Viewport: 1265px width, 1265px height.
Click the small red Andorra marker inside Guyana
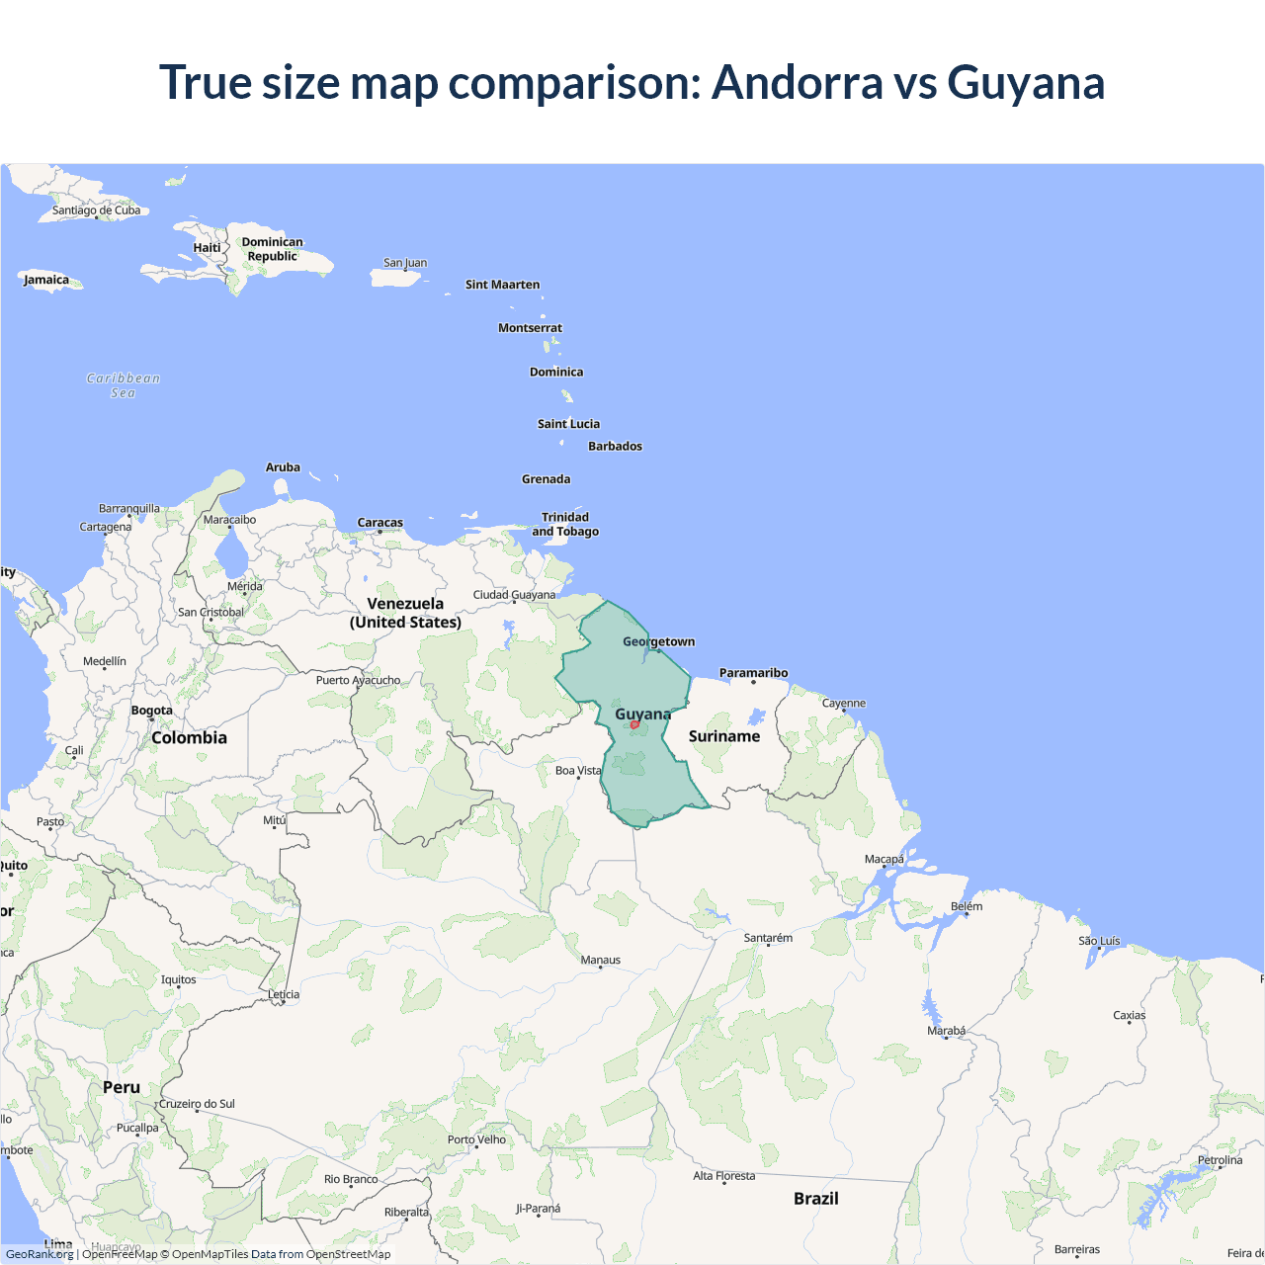click(634, 724)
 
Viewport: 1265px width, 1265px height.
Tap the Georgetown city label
click(658, 641)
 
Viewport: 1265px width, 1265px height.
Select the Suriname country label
click(724, 736)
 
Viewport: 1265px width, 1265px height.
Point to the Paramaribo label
click(753, 673)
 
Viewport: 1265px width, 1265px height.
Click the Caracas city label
click(380, 523)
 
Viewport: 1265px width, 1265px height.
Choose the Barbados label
click(615, 447)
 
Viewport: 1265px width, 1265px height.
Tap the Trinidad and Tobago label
click(565, 524)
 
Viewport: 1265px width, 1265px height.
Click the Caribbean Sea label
click(123, 385)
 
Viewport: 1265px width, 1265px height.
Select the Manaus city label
click(601, 960)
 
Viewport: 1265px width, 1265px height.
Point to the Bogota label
click(152, 711)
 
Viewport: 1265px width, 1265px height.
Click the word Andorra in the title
click(797, 82)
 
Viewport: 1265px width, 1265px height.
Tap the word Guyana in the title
click(1026, 82)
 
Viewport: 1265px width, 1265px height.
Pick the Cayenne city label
click(844, 704)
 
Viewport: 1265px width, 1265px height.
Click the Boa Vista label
click(578, 771)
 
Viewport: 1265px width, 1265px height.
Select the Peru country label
click(122, 1087)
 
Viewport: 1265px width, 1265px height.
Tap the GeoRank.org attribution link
click(40, 1254)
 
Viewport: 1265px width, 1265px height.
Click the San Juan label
click(405, 263)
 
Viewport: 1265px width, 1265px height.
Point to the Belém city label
click(967, 906)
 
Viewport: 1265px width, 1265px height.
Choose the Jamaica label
click(46, 280)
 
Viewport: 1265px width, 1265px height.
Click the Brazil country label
click(816, 1199)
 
